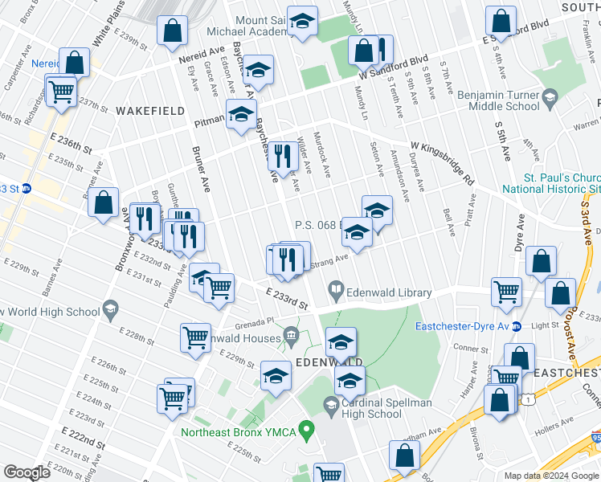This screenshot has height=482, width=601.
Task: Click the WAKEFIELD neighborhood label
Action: point(145,109)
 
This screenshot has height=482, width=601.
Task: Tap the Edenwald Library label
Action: point(390,293)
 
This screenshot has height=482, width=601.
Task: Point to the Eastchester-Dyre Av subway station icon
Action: point(517,326)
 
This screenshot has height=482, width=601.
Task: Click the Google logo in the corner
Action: point(27,472)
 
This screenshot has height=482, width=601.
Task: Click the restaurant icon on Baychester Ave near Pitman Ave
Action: point(282,154)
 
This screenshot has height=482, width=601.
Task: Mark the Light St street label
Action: point(545,326)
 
